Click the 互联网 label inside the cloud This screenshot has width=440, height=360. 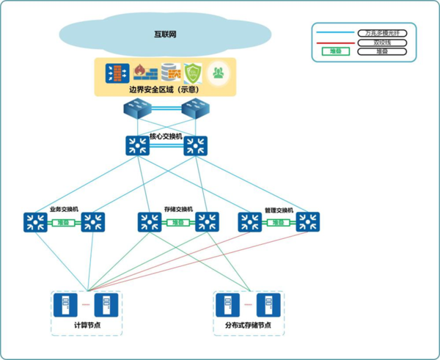click(165, 34)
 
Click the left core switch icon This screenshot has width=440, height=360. click(137, 145)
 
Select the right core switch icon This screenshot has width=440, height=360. click(195, 145)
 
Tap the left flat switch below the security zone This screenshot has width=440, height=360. click(137, 111)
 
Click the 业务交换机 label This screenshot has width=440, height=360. click(64, 209)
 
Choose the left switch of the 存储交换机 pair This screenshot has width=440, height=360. click(150, 222)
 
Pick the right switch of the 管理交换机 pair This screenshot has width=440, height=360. click(307, 222)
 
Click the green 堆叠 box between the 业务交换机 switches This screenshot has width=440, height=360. click(64, 222)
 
